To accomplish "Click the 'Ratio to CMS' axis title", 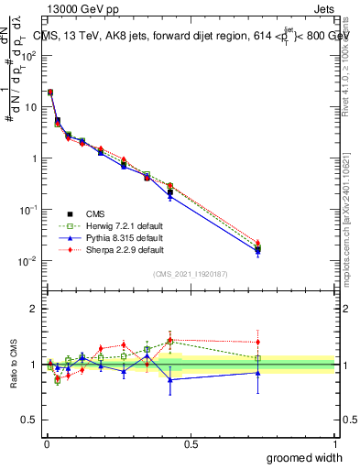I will point(13,365).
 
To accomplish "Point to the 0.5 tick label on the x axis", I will point(190,443).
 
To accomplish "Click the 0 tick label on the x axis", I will point(46,443).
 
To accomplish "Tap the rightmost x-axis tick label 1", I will point(334,443).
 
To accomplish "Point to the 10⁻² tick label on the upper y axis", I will point(27,261).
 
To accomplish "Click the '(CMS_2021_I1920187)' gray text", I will point(190,274).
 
